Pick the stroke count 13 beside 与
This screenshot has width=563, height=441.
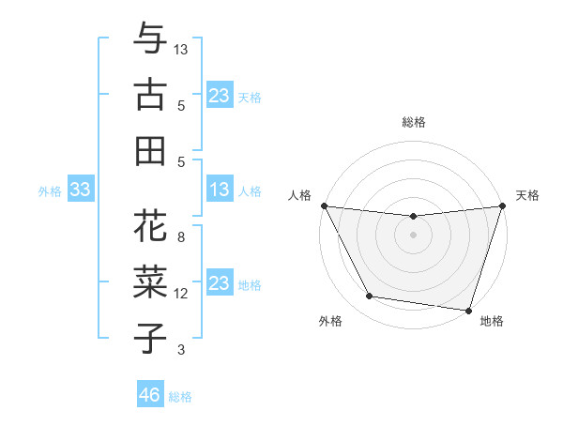[x=182, y=49]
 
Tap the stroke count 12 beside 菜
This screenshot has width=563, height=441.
[x=182, y=294]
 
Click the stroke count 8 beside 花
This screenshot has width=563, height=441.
[x=181, y=237]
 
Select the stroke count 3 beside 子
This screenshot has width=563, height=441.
[x=181, y=350]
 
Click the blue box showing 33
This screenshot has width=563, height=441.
[x=80, y=190]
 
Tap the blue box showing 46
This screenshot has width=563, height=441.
[x=150, y=395]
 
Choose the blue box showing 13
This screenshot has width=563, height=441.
[x=220, y=190]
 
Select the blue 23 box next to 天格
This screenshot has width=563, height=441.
[x=220, y=95]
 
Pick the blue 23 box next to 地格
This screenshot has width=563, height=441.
[x=220, y=283]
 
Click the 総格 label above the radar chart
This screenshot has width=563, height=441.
[x=413, y=122]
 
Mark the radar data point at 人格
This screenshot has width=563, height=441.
[x=325, y=205]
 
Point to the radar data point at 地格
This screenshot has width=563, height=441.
[x=468, y=311]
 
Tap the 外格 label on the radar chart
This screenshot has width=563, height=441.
[x=330, y=322]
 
